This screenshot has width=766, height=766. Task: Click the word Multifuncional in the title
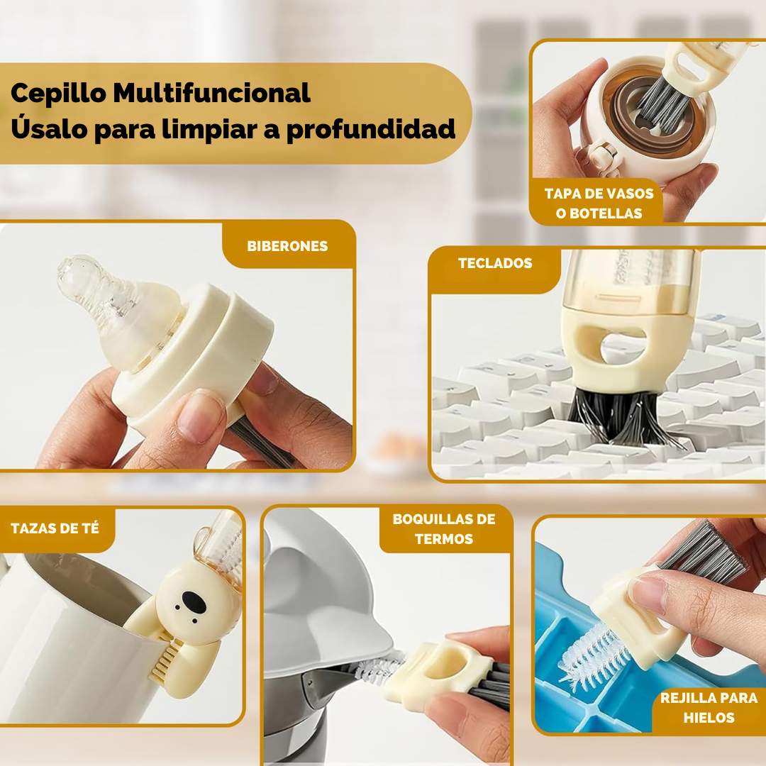(x=211, y=94)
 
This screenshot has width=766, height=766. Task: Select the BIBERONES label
(x=287, y=247)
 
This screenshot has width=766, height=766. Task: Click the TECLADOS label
(x=494, y=263)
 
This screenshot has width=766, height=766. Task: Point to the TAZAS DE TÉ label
(x=55, y=528)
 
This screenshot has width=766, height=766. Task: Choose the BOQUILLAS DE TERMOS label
(x=444, y=529)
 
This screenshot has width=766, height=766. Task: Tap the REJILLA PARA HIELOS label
(x=709, y=707)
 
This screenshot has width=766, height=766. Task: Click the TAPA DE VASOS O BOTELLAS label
(x=599, y=203)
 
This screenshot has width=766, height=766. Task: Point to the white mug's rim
(x=71, y=567)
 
